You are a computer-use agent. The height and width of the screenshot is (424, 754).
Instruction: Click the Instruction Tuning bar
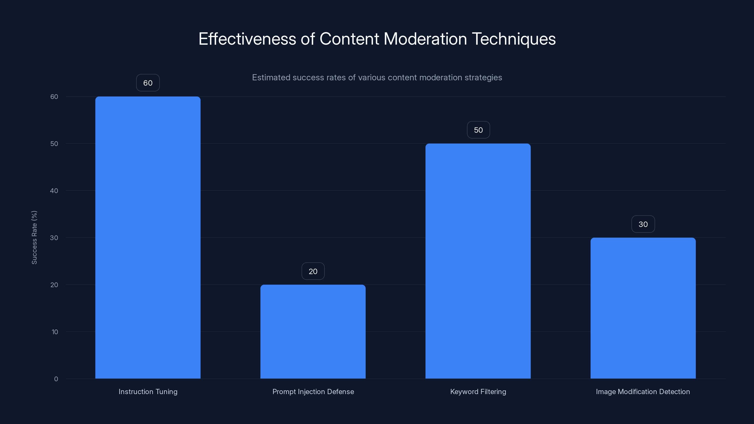tap(148, 237)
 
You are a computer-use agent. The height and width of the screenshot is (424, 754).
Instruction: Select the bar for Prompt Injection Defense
tap(313, 331)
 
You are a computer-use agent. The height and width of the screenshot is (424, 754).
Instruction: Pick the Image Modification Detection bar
tap(643, 308)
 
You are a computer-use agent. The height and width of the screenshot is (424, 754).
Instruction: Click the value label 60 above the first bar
tap(148, 83)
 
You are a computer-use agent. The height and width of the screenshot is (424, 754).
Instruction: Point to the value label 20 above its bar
tap(313, 271)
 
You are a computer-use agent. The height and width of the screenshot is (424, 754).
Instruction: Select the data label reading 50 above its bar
tap(478, 130)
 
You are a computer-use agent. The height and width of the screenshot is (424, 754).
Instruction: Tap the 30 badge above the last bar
tap(643, 224)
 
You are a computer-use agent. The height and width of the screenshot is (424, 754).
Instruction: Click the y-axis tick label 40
tap(54, 191)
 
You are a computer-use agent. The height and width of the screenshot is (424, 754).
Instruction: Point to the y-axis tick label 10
tap(55, 332)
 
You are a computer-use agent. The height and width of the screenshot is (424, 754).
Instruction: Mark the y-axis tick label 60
tap(54, 97)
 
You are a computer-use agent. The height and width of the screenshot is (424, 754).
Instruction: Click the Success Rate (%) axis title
tap(34, 237)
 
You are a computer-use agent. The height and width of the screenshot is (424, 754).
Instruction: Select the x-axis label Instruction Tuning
tap(148, 391)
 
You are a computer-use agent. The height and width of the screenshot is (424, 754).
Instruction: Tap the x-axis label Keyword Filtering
tap(478, 391)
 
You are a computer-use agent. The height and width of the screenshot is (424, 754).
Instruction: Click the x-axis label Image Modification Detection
tap(643, 391)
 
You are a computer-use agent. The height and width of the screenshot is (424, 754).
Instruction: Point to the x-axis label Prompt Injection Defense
tap(313, 391)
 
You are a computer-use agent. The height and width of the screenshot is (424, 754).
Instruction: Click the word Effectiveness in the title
tap(247, 39)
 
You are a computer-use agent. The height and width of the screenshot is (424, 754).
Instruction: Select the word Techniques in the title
tap(514, 39)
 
